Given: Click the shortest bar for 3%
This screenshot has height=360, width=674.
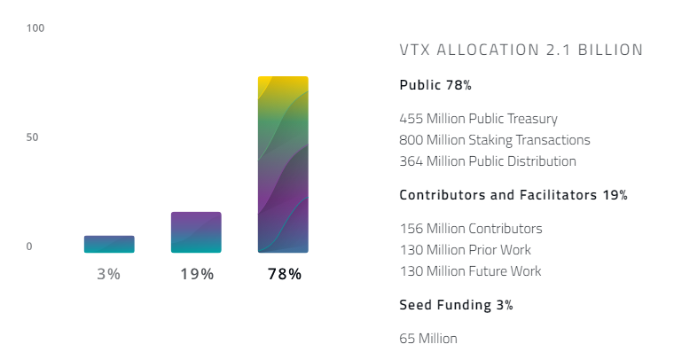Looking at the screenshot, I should (x=109, y=244).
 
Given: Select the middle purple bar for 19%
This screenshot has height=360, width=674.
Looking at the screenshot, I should (x=196, y=232).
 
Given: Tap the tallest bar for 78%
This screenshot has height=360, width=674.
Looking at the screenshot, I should (x=283, y=165).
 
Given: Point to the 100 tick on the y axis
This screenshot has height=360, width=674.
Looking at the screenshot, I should (x=35, y=28).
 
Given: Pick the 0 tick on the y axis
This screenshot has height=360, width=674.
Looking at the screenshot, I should (x=29, y=247).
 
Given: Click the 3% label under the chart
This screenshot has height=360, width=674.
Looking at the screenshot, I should (x=109, y=274).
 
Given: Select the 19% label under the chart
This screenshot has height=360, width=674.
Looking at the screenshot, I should (x=196, y=274).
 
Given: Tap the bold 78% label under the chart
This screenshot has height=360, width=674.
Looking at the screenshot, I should (x=284, y=274).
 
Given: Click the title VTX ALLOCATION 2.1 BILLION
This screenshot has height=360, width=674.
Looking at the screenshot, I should (x=521, y=51).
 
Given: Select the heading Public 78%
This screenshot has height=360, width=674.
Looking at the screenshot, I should (x=435, y=86).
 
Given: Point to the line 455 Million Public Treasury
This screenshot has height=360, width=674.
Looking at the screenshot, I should (x=479, y=118).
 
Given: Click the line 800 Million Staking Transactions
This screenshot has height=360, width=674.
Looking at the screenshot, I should (x=495, y=140).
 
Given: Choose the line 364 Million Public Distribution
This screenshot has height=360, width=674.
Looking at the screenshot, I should (x=488, y=161).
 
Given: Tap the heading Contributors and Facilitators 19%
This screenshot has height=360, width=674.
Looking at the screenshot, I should (x=513, y=195).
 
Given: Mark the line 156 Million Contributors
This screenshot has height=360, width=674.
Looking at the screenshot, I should (x=471, y=228).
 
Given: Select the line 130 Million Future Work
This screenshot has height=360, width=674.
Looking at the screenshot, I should (x=470, y=271).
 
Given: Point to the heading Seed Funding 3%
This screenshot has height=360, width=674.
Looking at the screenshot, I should (x=456, y=305).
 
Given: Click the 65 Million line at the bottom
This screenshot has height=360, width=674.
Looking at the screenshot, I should (x=429, y=338).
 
